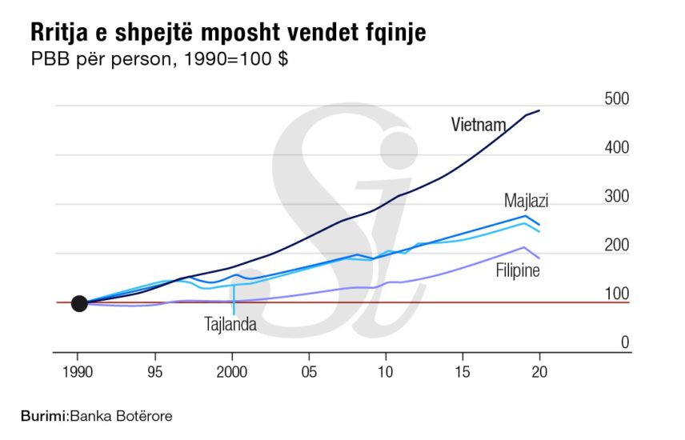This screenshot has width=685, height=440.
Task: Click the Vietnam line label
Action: tap(479, 125)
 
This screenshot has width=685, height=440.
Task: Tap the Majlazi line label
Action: tap(526, 200)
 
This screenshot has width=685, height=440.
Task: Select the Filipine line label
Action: tap(518, 270)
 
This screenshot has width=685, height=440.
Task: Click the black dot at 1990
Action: tap(78, 303)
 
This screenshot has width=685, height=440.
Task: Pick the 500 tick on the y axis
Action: tap(618, 99)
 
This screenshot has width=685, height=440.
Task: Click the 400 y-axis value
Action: tap(618, 148)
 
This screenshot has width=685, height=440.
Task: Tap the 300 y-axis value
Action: tap(618, 197)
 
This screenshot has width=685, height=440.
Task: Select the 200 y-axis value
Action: tap(618, 246)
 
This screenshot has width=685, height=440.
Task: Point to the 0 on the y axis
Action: tap(625, 342)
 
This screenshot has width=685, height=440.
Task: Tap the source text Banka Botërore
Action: tap(121, 416)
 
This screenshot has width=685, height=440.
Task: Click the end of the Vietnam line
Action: tap(539, 110)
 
